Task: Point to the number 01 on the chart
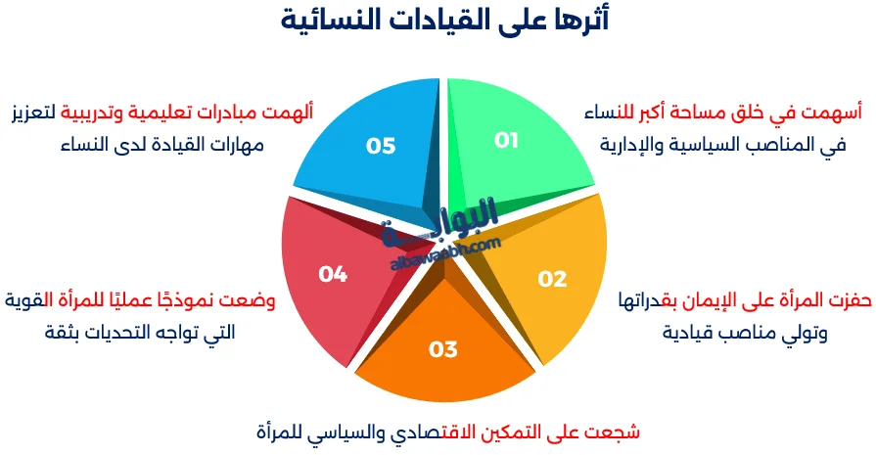[x=505, y=141]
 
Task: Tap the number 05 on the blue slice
[x=381, y=146]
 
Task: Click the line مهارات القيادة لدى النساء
[x=162, y=146]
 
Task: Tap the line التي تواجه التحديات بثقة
[x=140, y=333]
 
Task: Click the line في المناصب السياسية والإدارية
[x=722, y=146]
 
